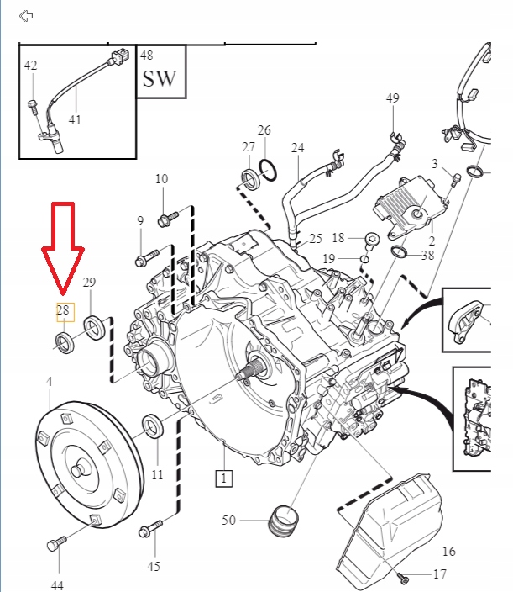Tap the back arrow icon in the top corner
25,15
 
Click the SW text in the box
160,79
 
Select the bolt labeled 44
55,544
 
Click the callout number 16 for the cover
449,552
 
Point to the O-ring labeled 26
269,171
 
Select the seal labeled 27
250,178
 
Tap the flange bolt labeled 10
166,219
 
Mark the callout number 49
393,99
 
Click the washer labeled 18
370,239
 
